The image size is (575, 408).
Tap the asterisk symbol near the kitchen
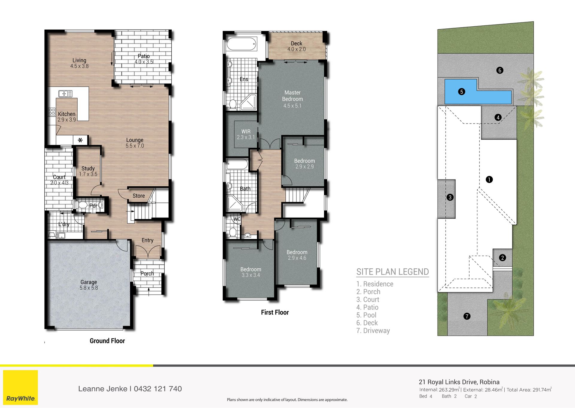coord(80,140)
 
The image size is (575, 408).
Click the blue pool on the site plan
coord(478,92)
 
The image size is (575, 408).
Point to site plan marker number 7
coord(467,316)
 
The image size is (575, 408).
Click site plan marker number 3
coord(450,197)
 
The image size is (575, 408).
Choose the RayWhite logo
coord(20,388)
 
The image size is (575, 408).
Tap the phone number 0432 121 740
coord(158,389)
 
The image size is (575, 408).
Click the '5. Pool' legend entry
coord(366,315)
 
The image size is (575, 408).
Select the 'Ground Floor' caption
coord(107,341)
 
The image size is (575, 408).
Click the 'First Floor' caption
coord(275,312)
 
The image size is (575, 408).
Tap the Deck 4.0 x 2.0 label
coord(296,46)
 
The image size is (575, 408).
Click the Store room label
coord(139,196)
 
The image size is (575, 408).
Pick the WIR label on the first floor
coord(246,132)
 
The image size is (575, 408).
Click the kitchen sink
coord(65,94)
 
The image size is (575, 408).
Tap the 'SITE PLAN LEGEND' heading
coord(393,272)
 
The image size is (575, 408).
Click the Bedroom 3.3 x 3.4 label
coord(251,272)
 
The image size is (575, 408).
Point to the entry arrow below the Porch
coord(149,291)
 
